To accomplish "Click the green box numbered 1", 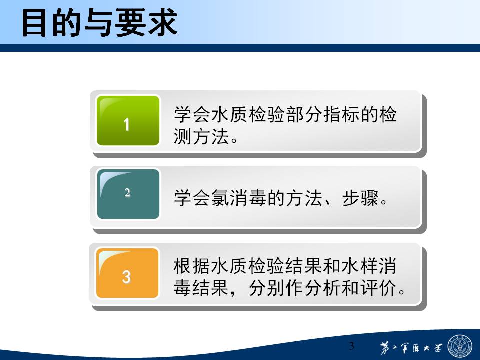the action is (x=128, y=120).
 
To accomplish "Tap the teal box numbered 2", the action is (x=128, y=194).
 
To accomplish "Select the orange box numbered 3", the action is (x=127, y=273).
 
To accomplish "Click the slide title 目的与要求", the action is (x=100, y=22).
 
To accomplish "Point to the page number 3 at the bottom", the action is (x=351, y=346).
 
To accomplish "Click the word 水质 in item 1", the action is (x=229, y=114).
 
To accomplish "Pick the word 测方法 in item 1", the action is (x=201, y=136).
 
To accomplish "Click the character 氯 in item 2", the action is (x=220, y=198).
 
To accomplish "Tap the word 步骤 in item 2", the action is (x=360, y=198).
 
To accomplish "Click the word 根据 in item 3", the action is (x=192, y=265).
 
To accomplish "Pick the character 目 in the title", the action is (x=34, y=23).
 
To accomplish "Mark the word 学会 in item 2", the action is (x=192, y=198).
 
